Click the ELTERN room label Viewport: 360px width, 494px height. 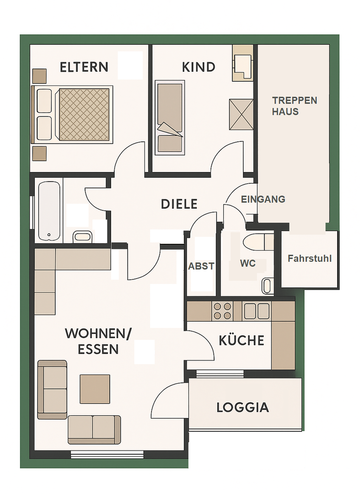(x=84, y=67)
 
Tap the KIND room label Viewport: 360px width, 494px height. (x=199, y=67)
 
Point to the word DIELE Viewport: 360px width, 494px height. (x=179, y=204)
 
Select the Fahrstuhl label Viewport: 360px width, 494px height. (x=310, y=258)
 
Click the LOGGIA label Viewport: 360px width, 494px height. (x=243, y=408)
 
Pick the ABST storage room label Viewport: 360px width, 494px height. (x=201, y=266)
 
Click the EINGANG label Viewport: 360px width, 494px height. (x=263, y=199)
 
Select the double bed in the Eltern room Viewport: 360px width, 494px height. (x=72, y=114)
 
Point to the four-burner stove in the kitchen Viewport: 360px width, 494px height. (x=223, y=311)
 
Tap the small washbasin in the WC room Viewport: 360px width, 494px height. (x=268, y=286)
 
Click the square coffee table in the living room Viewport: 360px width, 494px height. (x=95, y=389)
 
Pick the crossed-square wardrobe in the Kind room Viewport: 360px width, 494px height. (x=241, y=114)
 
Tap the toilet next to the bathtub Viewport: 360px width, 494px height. (x=82, y=236)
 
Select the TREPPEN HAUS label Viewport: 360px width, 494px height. (x=295, y=106)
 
